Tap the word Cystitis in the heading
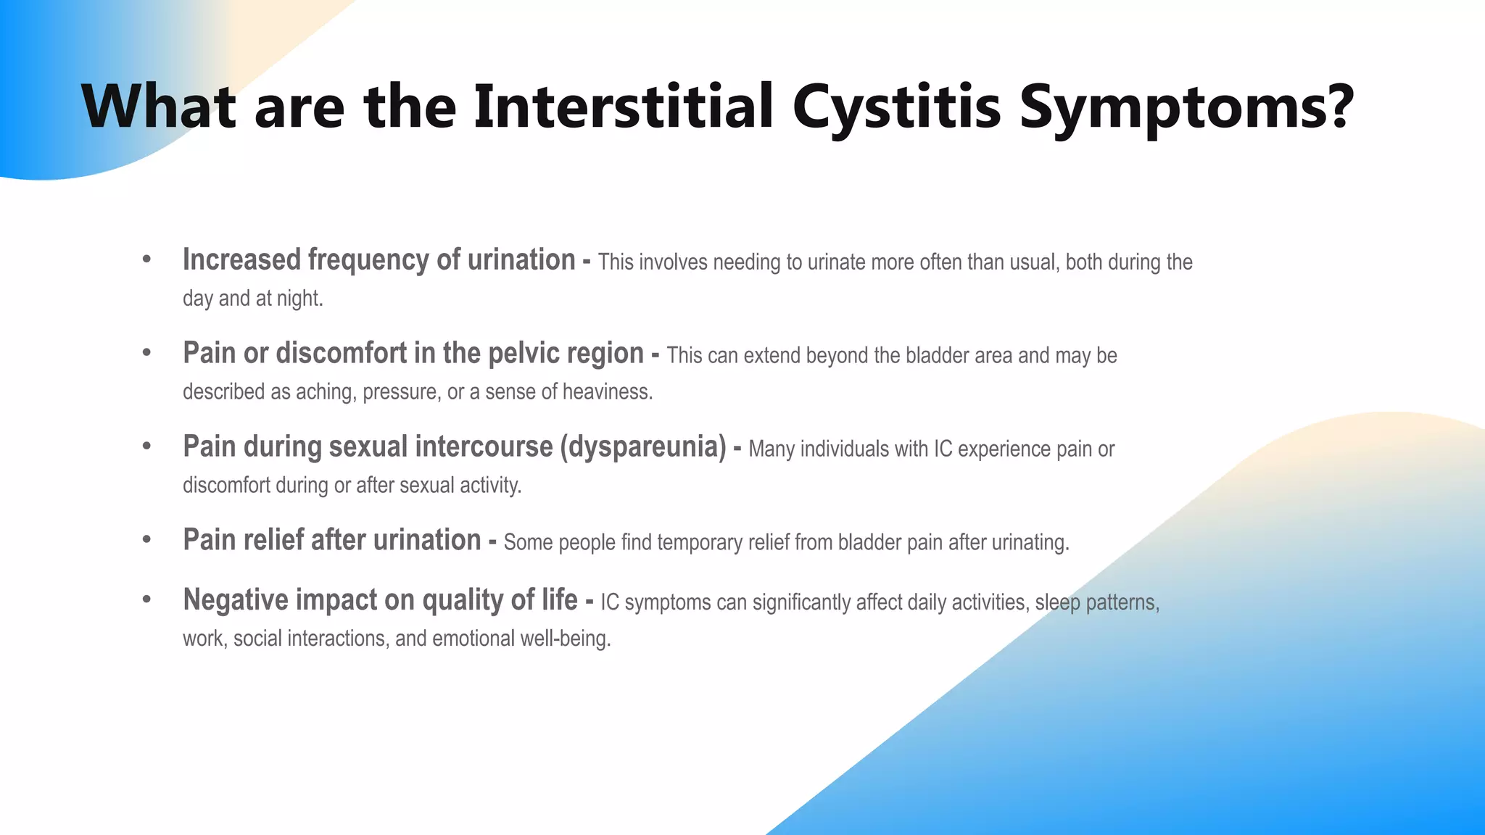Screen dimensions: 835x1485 896,107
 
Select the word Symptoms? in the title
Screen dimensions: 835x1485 1186,107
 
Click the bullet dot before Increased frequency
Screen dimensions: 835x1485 147,259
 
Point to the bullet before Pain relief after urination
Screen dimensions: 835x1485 147,539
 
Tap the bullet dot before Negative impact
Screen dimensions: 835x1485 147,599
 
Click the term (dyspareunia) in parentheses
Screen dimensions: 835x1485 643,447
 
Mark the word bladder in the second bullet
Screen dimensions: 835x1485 932,356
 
